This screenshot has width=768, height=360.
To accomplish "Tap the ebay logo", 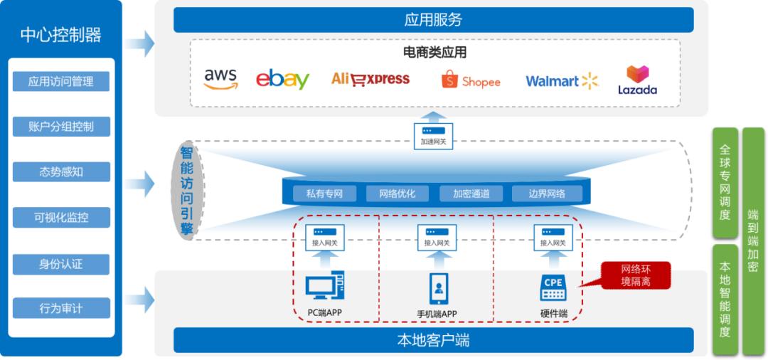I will [x=282, y=79].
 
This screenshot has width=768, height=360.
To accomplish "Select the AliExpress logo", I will [x=370, y=79].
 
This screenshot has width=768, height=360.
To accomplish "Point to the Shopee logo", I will [x=471, y=80].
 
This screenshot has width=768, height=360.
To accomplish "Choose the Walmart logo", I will [x=562, y=81].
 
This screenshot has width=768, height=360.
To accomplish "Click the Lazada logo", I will [x=637, y=80].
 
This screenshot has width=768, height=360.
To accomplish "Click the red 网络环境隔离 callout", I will [x=636, y=275].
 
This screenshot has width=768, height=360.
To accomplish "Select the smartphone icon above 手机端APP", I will [x=438, y=288].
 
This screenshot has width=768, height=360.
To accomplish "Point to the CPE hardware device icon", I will [x=553, y=287].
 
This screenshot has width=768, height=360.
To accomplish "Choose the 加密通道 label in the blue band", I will [x=471, y=194].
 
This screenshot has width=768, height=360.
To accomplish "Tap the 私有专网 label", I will [x=325, y=194].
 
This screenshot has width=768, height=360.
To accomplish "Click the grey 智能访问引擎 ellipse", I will [x=186, y=191].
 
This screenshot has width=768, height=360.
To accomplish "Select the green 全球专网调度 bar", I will [x=725, y=184].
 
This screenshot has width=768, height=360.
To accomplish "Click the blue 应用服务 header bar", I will [x=433, y=19].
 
